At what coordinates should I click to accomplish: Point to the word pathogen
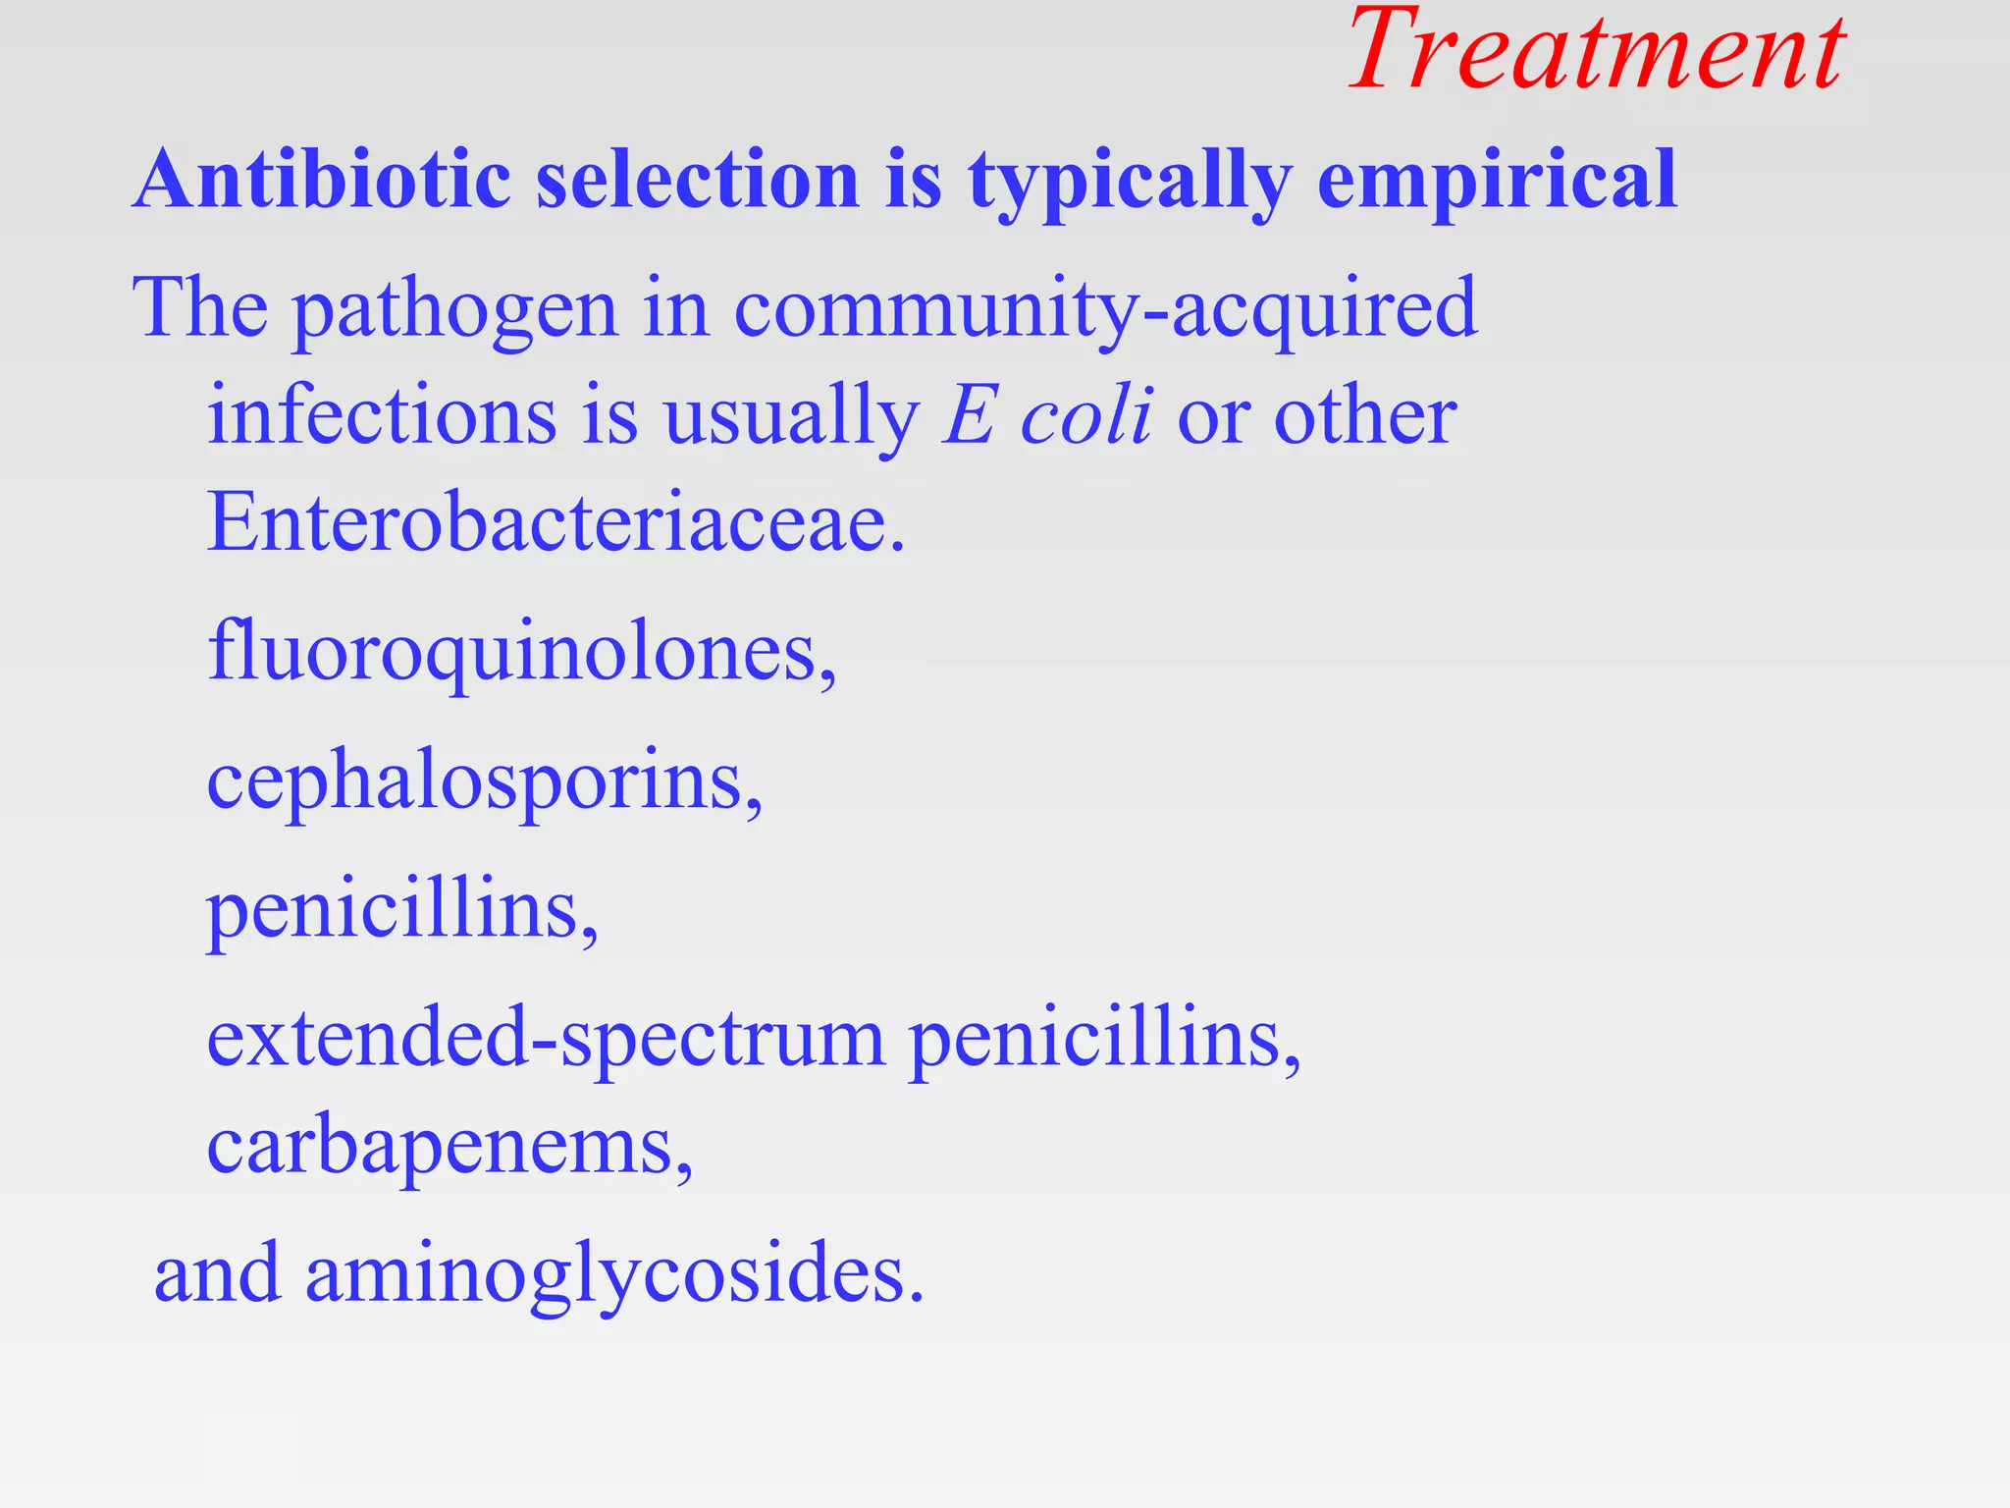455,309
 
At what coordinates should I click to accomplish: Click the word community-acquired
1105,309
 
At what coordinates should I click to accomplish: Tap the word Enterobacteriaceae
555,521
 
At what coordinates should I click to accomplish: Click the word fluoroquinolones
521,652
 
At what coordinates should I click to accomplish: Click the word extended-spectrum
546,1039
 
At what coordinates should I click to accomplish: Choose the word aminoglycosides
614,1274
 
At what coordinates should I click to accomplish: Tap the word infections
382,416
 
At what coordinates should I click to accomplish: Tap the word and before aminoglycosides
217,1274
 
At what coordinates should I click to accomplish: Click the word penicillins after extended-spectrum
1105,1039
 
